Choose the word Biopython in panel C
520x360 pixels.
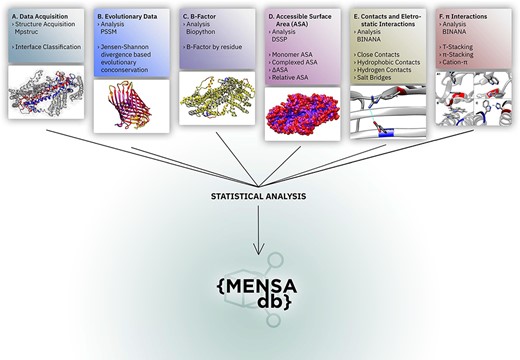click(x=205, y=32)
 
